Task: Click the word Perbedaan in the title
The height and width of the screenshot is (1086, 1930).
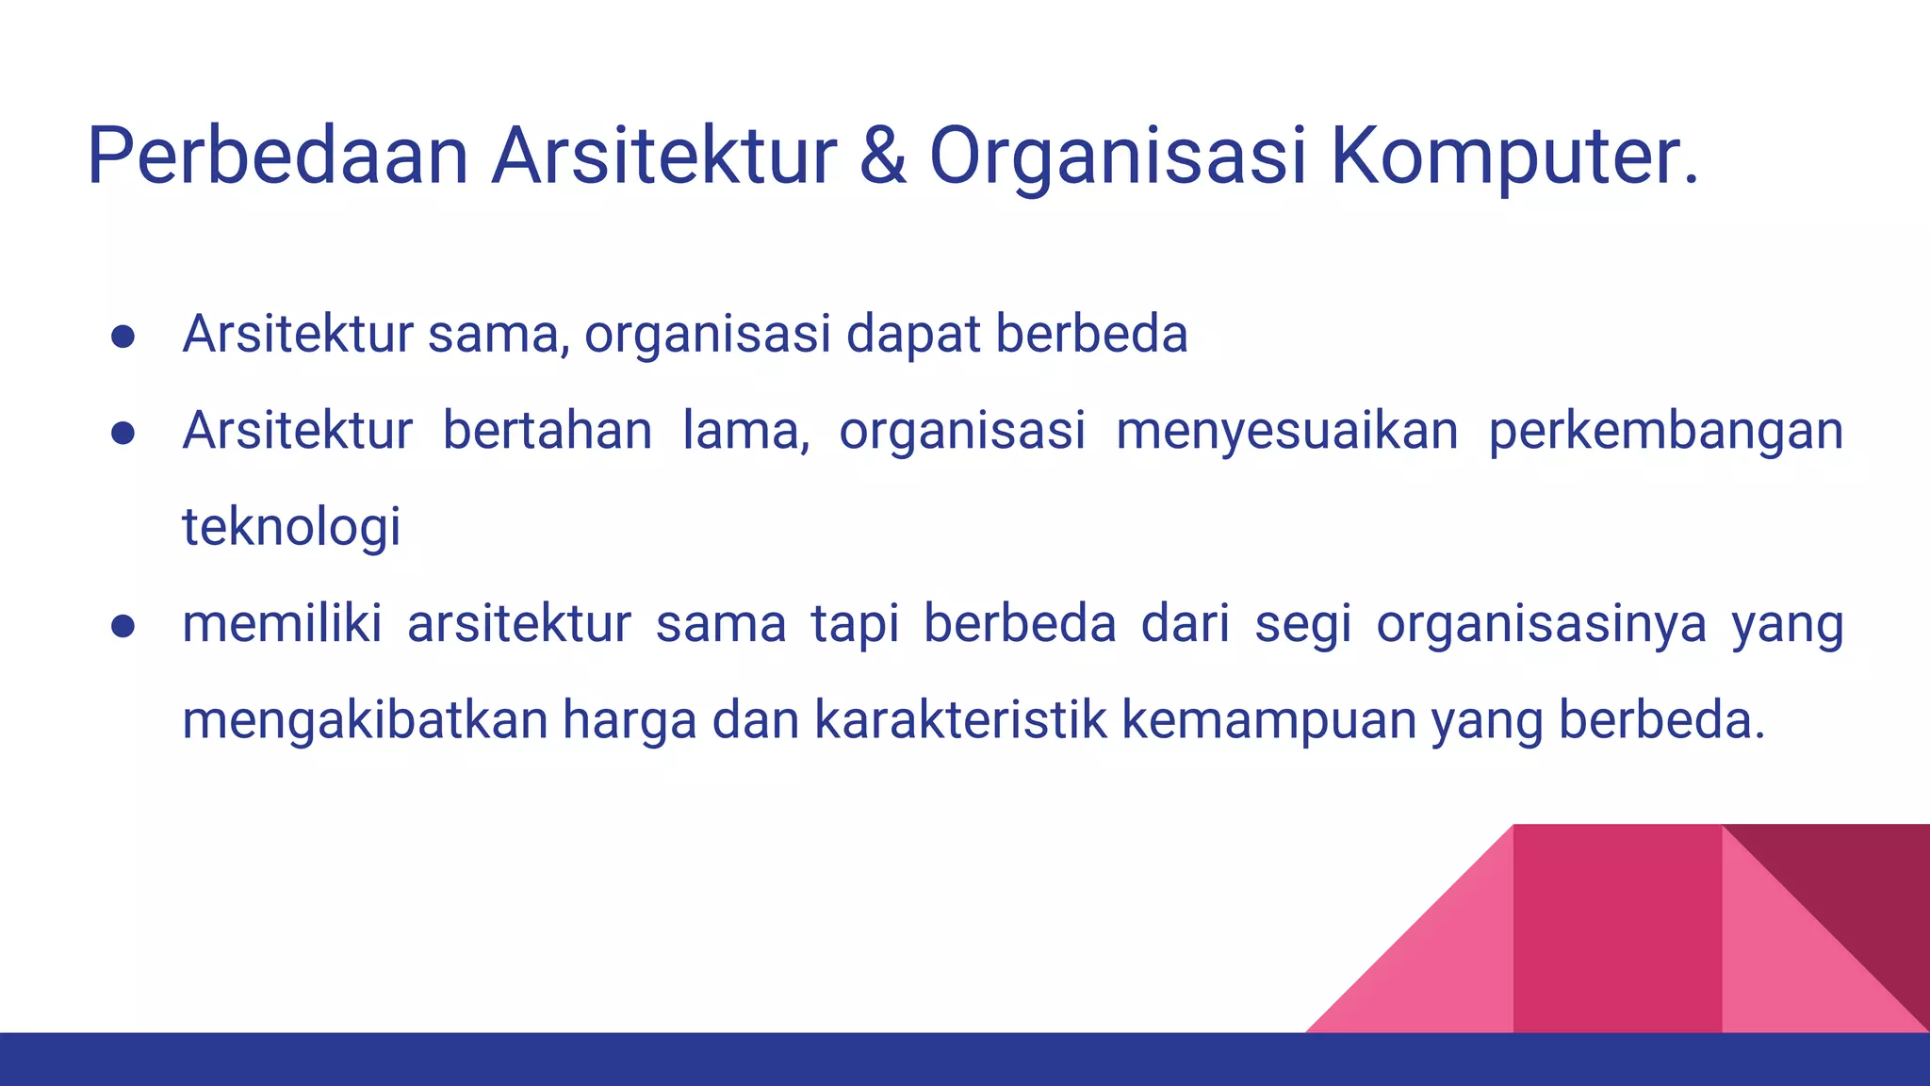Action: tap(277, 156)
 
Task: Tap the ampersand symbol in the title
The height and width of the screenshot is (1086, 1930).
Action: tap(883, 156)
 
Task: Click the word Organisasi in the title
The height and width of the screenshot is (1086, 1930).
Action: tap(1118, 156)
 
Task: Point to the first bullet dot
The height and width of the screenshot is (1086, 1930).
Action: tap(123, 337)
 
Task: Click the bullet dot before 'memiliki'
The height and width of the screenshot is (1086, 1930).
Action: tap(123, 626)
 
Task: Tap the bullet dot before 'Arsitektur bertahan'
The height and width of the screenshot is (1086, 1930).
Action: tap(123, 433)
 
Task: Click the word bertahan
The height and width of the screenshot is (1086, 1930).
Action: tap(548, 431)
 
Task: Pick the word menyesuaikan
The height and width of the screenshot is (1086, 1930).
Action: tap(1286, 431)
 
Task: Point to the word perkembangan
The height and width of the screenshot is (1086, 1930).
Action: tap(1665, 431)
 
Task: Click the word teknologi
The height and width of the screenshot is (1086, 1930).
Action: tap(291, 527)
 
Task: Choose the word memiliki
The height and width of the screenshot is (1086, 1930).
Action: tap(282, 624)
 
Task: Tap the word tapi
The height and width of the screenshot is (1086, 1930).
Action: tap(854, 624)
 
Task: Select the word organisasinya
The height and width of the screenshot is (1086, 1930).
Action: tap(1541, 624)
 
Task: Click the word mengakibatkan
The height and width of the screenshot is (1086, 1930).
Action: tap(365, 720)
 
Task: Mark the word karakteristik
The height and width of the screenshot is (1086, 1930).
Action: tap(960, 720)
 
